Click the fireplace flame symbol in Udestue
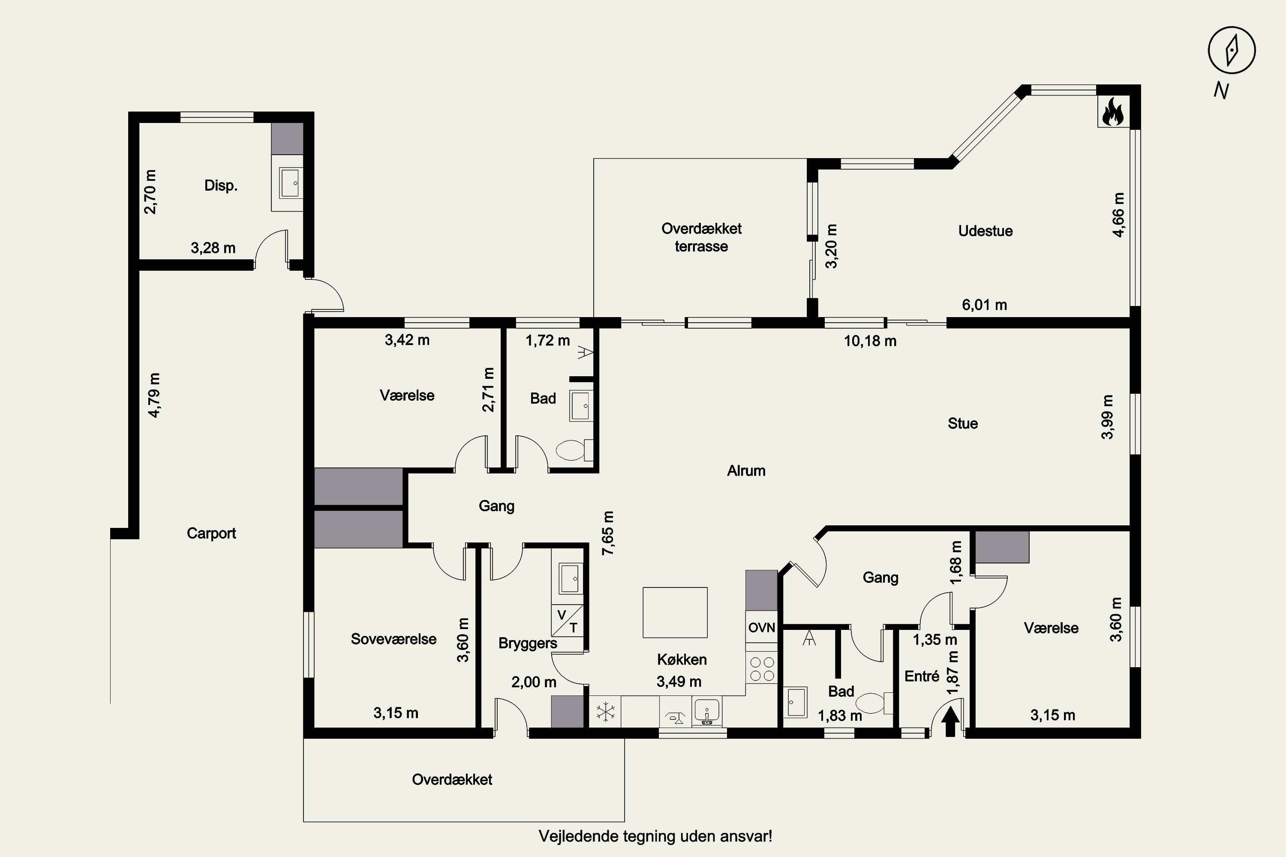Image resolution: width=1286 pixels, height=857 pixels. [1113, 112]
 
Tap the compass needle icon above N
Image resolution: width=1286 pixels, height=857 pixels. [1232, 50]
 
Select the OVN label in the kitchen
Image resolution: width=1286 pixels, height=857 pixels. [762, 627]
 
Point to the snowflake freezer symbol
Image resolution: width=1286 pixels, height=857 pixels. [606, 712]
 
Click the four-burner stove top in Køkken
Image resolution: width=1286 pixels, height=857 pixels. [762, 668]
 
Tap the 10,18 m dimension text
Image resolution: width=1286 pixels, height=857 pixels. [870, 341]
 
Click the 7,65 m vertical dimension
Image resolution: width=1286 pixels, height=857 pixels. [608, 533]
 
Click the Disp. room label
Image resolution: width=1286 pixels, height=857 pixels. [221, 185]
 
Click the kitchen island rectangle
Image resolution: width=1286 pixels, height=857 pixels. [675, 612]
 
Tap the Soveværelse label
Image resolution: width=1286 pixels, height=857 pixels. [394, 639]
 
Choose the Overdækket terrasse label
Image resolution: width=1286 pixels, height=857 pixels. [701, 237]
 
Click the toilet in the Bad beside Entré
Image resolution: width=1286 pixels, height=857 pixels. [874, 704]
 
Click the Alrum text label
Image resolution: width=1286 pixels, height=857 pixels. [746, 470]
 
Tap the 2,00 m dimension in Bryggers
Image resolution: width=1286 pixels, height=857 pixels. [534, 682]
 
